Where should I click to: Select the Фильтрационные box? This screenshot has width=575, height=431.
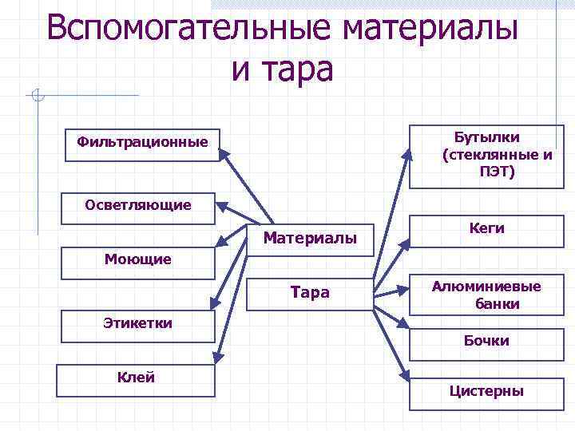pyautogui.click(x=141, y=144)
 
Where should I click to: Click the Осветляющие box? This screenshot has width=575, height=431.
pyautogui.click(x=138, y=206)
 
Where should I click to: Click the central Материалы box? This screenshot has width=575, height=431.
pyautogui.click(x=310, y=239)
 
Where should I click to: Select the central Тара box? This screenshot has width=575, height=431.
pyautogui.click(x=310, y=294)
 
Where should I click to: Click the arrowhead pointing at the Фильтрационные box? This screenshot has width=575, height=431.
pyautogui.click(x=226, y=152)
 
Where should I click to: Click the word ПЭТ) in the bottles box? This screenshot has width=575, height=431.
pyautogui.click(x=497, y=172)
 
